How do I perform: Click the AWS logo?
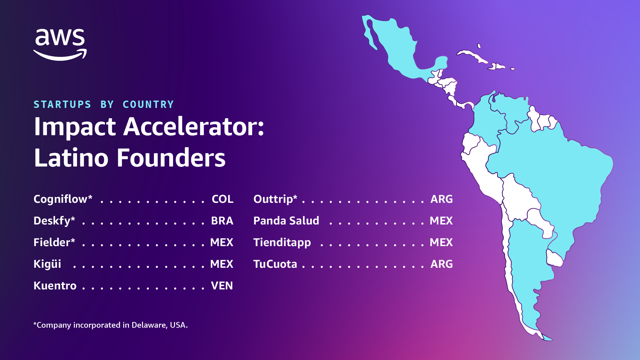tap(60, 44)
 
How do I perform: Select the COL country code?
tap(223, 199)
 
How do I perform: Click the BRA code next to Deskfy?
tap(222, 221)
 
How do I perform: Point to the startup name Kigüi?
tap(47, 264)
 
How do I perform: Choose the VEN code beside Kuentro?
tap(222, 286)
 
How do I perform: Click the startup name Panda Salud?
tap(286, 221)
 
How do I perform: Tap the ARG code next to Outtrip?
tap(441, 199)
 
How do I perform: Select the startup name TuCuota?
tap(275, 264)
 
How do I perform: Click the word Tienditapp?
tap(282, 242)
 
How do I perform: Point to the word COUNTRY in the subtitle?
tap(148, 105)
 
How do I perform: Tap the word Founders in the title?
tap(171, 158)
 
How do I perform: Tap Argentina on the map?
tap(526, 266)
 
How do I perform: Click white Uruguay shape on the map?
tap(554, 258)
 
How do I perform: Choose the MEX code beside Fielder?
tap(222, 242)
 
